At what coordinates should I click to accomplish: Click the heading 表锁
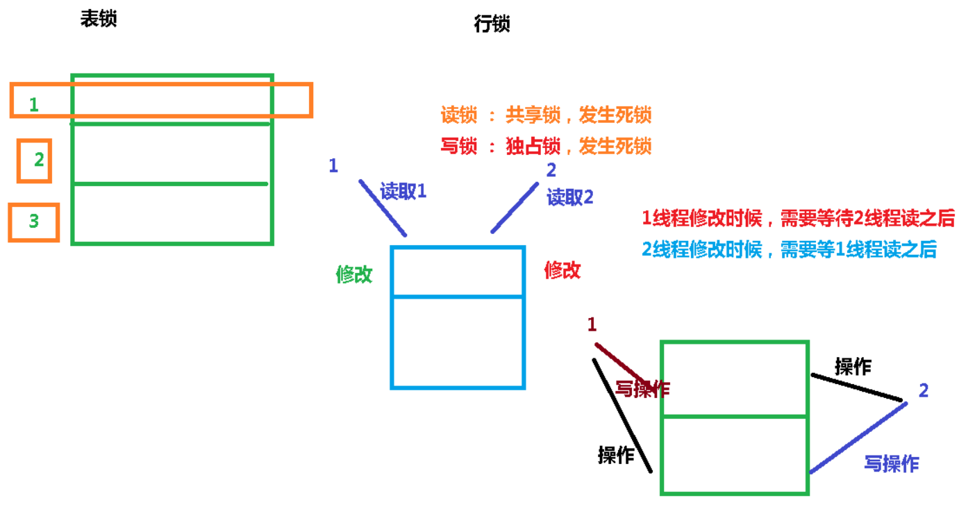point(99,19)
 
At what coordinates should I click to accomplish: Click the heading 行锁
point(492,24)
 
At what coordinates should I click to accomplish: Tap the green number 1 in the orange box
point(34,105)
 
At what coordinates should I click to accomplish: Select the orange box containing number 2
point(35,160)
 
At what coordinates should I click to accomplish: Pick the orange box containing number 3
point(33,222)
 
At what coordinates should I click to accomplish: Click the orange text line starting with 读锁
point(546,115)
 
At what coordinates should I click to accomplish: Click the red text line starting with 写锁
point(546,146)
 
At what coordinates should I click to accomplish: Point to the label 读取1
point(403,192)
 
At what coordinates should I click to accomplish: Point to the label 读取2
point(570,197)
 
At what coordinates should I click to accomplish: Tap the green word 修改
point(354,274)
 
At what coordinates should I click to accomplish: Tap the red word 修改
point(562,270)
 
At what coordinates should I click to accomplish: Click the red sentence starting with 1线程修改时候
point(799,219)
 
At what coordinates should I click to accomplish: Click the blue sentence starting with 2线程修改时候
point(790,249)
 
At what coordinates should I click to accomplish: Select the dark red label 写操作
point(643,389)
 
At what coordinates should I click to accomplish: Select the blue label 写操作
point(892,463)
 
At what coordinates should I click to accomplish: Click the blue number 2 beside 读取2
point(551,169)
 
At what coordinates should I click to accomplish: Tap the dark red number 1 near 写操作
point(592,324)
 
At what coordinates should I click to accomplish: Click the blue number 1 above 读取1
point(333,166)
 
